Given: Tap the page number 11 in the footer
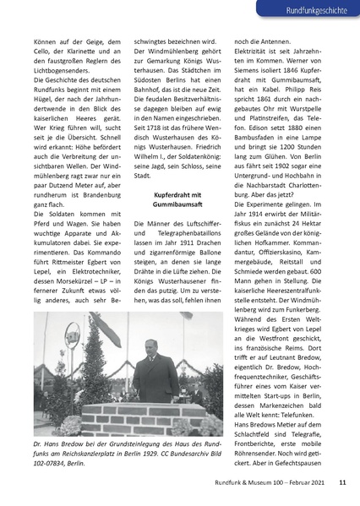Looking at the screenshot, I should click(342, 483).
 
